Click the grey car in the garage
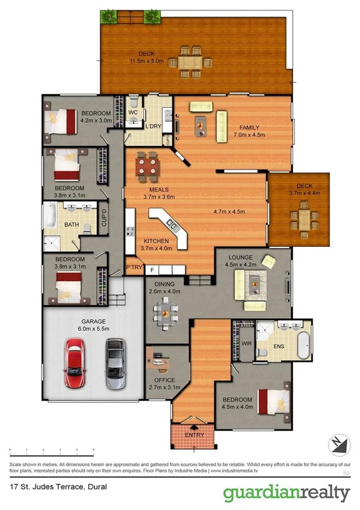pos(114,362)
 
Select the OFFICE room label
pos(164,380)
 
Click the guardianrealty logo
pos(286,493)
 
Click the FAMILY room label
pos(249,128)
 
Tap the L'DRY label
pos(152,126)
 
